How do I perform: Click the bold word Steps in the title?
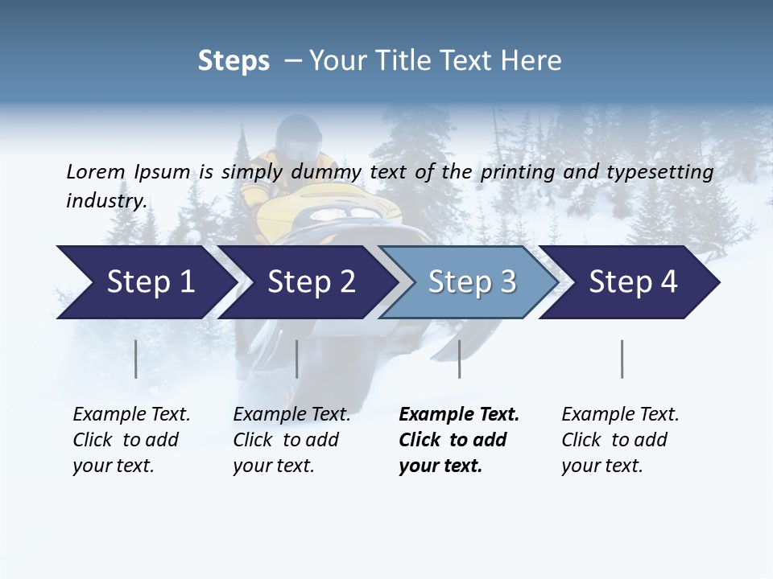point(234,60)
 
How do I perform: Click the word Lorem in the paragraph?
point(95,171)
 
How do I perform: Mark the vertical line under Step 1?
point(136,359)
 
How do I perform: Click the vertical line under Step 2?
point(297,359)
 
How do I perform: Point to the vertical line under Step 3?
point(459,359)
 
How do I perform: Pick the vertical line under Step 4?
point(622,359)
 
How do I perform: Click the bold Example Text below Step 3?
point(459,440)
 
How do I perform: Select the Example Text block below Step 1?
point(131,440)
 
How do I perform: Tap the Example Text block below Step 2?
point(291,440)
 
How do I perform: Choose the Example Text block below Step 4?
point(620,440)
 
